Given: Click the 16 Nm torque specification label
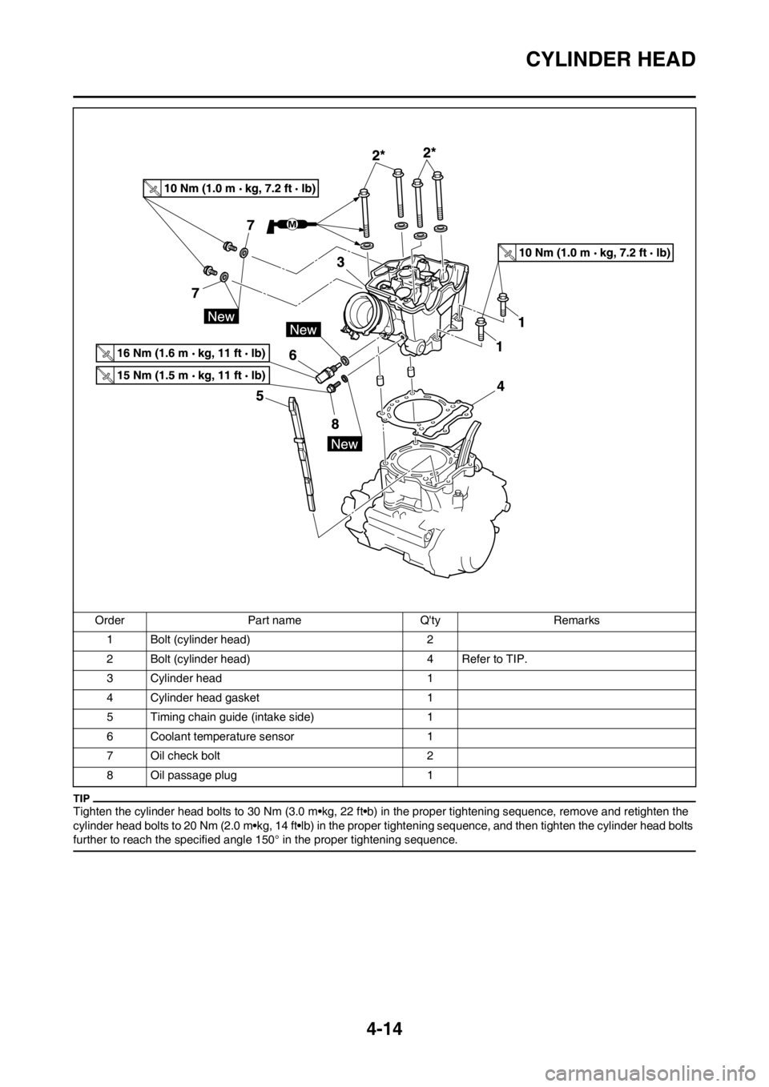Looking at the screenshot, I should point(183,353).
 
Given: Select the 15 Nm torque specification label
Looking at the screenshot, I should point(183,375).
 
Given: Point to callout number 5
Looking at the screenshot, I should point(260,395).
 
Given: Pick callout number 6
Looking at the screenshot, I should point(293,353).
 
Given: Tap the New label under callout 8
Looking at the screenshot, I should point(344,444).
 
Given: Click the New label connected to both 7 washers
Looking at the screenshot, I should point(221,316).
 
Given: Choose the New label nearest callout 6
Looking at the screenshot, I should point(304,329).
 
